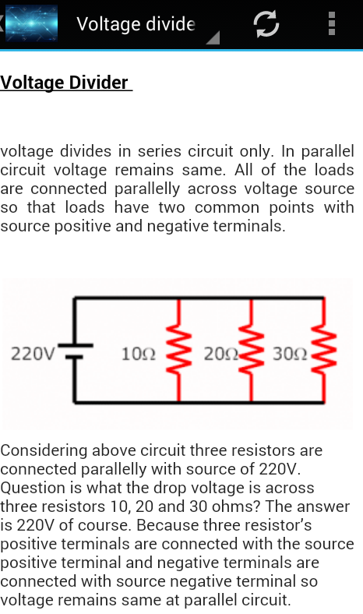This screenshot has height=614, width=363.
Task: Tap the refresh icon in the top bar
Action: click(266, 24)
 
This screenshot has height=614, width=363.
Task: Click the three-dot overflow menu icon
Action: click(332, 23)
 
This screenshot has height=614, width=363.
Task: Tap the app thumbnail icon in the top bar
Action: click(31, 23)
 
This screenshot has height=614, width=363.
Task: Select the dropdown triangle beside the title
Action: click(213, 37)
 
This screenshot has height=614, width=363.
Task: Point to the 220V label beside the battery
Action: click(33, 354)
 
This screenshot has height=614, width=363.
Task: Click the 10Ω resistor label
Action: click(138, 354)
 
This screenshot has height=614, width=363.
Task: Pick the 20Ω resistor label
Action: click(221, 354)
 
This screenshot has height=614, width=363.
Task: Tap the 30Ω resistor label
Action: click(290, 354)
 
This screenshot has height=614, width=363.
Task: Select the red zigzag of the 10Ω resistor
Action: click(179, 350)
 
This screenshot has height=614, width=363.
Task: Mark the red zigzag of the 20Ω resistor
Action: click(252, 350)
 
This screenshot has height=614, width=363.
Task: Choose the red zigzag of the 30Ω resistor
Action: click(324, 350)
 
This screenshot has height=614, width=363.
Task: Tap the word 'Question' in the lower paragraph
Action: click(33, 488)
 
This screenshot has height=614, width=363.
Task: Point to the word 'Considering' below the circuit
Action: click(44, 450)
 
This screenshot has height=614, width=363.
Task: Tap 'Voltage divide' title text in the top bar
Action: click(136, 24)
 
